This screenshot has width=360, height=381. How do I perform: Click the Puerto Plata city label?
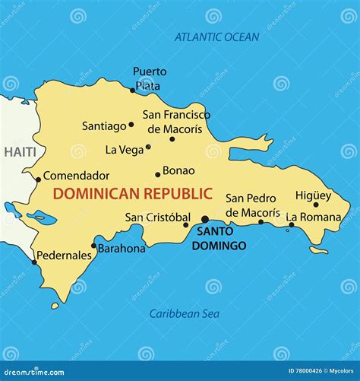click(x=150, y=78)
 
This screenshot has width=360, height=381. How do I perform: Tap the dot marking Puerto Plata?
click(x=132, y=90)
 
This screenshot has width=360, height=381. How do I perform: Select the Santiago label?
click(x=105, y=126)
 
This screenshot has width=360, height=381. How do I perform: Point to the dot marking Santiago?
click(x=131, y=125)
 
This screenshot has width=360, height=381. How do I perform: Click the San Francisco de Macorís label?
click(x=176, y=122)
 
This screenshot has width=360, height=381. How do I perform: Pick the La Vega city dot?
click(x=148, y=148)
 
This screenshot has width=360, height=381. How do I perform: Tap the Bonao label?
click(x=178, y=170)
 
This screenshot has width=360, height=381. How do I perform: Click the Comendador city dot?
click(x=39, y=180)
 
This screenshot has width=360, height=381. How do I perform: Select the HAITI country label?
click(x=20, y=152)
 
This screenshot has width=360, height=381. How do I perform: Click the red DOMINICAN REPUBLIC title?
click(x=133, y=194)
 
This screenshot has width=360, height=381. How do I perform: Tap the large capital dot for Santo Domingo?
click(x=204, y=219)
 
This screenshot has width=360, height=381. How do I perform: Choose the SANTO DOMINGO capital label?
click(x=219, y=238)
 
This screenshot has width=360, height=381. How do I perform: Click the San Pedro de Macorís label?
click(x=252, y=205)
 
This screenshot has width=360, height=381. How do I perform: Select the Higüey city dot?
click(x=316, y=204)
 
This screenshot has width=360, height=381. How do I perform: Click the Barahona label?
click(x=122, y=248)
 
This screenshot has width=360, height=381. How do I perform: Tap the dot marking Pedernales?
click(x=34, y=263)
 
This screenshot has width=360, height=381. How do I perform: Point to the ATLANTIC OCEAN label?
click(x=216, y=37)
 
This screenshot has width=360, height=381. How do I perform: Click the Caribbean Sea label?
click(x=184, y=313)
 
